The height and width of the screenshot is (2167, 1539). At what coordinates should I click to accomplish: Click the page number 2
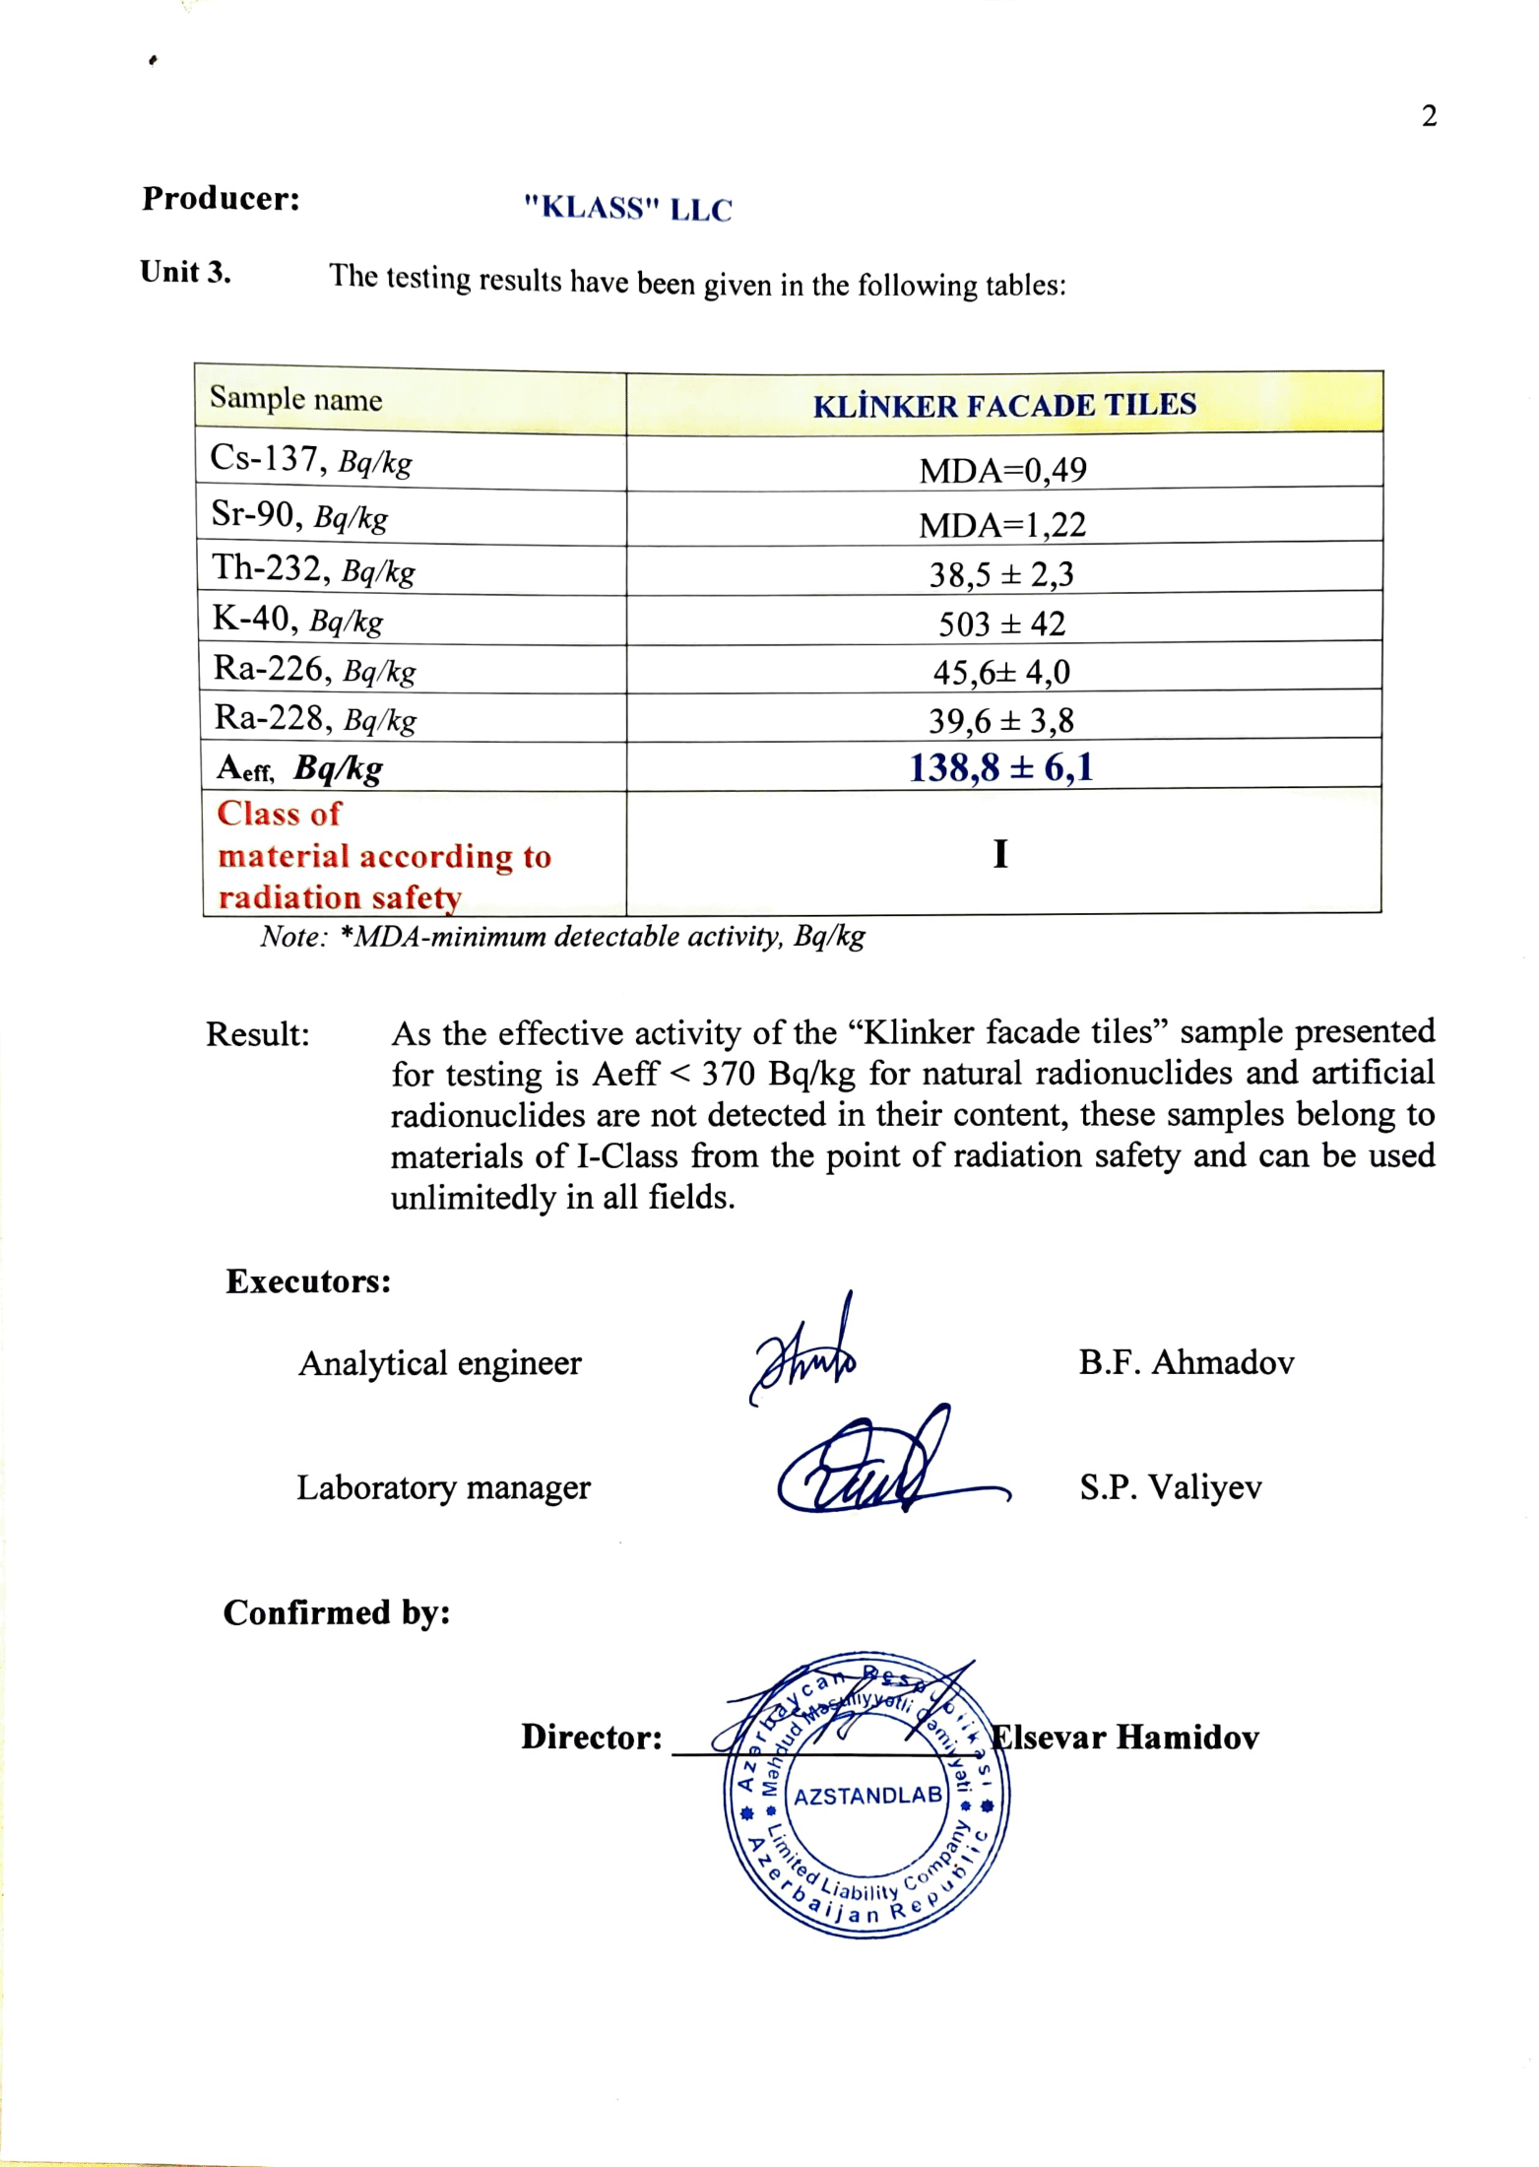pyautogui.click(x=1429, y=116)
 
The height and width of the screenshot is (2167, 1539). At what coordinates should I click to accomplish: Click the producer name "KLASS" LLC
pyautogui.click(x=627, y=209)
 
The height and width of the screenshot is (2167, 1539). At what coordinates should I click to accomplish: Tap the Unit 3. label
pyautogui.click(x=185, y=272)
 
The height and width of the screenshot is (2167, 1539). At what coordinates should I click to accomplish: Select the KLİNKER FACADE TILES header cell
pyautogui.click(x=1004, y=405)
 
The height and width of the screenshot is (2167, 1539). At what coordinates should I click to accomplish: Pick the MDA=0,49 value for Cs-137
pyautogui.click(x=1002, y=470)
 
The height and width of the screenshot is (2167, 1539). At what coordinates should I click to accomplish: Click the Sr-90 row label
pyautogui.click(x=299, y=515)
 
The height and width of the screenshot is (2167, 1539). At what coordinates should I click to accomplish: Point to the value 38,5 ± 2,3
pyautogui.click(x=1001, y=573)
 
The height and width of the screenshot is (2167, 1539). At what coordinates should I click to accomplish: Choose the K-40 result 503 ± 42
pyautogui.click(x=1001, y=624)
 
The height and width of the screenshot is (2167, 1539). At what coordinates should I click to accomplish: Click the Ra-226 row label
pyautogui.click(x=314, y=670)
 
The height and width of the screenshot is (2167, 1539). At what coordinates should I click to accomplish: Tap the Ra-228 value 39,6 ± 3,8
pyautogui.click(x=1000, y=721)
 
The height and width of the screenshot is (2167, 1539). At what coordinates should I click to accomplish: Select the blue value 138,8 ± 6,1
pyautogui.click(x=1000, y=767)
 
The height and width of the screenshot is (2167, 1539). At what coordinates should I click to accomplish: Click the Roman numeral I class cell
pyautogui.click(x=1000, y=853)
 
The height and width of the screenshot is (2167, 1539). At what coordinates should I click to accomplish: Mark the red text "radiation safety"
pyautogui.click(x=340, y=897)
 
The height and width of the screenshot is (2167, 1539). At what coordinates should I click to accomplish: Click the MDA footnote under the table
pyautogui.click(x=562, y=936)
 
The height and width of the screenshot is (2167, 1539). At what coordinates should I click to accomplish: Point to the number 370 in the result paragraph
pyautogui.click(x=728, y=1074)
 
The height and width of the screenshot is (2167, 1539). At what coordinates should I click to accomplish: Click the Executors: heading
pyautogui.click(x=308, y=1281)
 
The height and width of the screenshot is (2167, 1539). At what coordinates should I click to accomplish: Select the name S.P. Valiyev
pyautogui.click(x=1170, y=1486)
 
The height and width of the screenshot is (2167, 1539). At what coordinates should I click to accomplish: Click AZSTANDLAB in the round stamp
pyautogui.click(x=867, y=1796)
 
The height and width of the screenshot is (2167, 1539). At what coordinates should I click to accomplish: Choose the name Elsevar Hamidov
pyautogui.click(x=1124, y=1737)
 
